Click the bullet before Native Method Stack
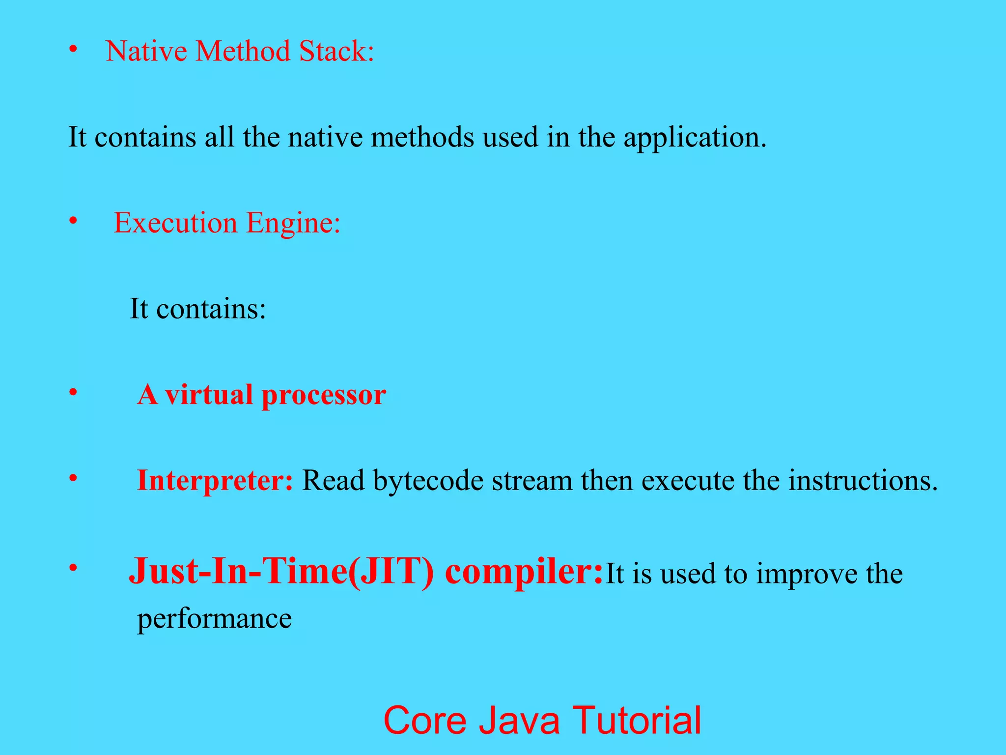coord(73,50)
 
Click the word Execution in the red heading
coord(175,223)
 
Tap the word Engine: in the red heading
coord(293,224)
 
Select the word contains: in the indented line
coord(211,309)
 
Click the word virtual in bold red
coord(208,394)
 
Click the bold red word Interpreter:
coord(215,480)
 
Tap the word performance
coord(214,619)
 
